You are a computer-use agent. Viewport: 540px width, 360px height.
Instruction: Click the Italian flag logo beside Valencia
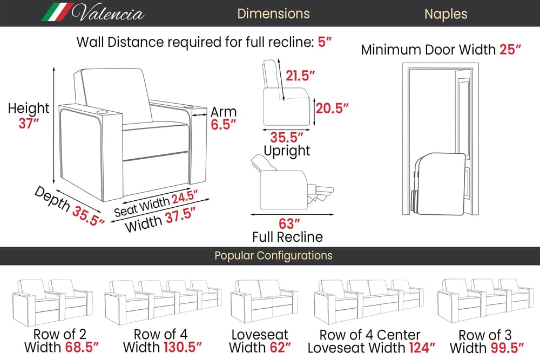pos(58,12)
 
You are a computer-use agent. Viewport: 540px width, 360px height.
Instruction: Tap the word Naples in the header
pos(446,13)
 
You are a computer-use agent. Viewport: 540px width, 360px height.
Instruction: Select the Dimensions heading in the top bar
pos(273,13)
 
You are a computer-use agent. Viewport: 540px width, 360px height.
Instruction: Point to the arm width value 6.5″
pos(223,125)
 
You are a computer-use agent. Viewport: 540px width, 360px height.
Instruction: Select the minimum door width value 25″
pos(510,50)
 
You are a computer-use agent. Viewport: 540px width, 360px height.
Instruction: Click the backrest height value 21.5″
pos(300,76)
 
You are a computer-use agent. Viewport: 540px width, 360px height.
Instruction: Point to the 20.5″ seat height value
pos(332,108)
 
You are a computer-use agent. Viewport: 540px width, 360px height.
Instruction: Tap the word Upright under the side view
pos(287,151)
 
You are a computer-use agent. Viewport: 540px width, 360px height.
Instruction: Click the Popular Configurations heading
pos(273,255)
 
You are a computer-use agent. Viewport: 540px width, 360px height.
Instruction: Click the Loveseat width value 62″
pos(281,347)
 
